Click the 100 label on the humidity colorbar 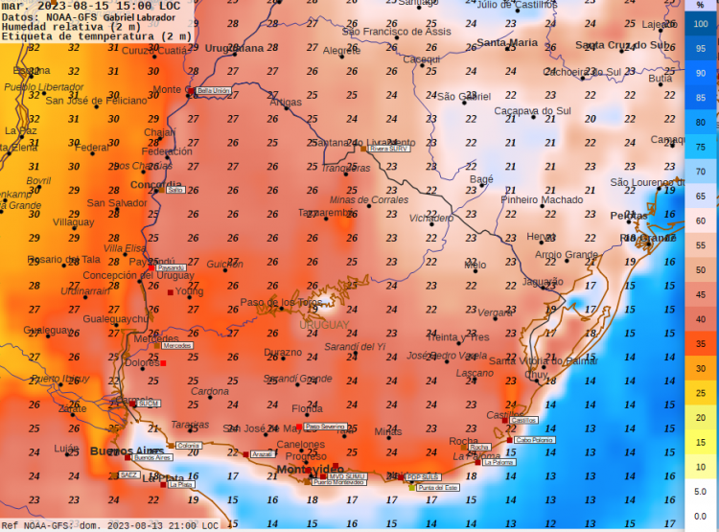[x=701, y=24]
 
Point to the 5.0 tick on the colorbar [x=701, y=491]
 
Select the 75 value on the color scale [x=701, y=147]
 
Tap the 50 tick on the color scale [x=701, y=270]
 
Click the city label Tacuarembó [x=326, y=213]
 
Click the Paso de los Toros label [x=281, y=303]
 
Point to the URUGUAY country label [x=325, y=325]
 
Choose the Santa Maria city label [x=508, y=43]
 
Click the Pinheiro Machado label [x=542, y=199]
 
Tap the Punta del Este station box [x=439, y=488]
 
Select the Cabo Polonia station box [x=535, y=440]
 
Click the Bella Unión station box [x=213, y=91]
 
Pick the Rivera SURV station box [x=389, y=150]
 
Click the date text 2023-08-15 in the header [x=78, y=6]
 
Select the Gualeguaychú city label [x=115, y=318]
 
